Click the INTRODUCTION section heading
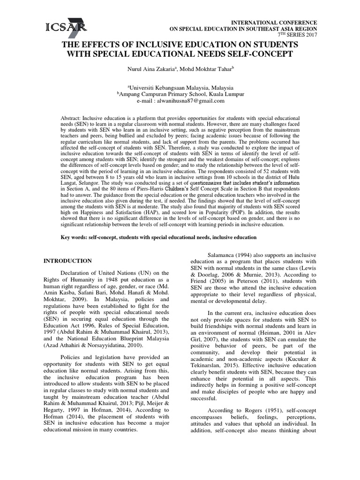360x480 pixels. click(68, 261)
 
